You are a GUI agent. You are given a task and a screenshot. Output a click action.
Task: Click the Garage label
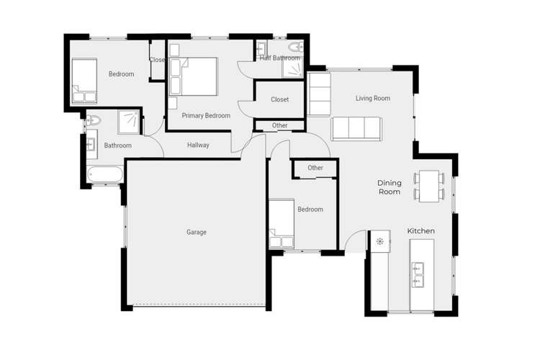[x=197, y=232]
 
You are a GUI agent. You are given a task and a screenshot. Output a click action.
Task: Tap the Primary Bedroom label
[x=206, y=115]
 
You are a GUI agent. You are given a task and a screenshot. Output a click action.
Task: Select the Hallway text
[x=198, y=145]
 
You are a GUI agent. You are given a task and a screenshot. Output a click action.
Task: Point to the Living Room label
[x=373, y=98]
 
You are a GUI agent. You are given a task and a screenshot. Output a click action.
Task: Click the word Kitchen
[x=421, y=230]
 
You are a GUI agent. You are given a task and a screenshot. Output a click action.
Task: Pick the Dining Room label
[x=390, y=188]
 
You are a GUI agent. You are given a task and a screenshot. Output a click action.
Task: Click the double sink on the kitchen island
[x=418, y=271]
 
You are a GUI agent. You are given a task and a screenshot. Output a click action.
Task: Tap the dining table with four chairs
[x=429, y=185]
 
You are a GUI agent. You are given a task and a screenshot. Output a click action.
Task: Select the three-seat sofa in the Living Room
[x=355, y=128]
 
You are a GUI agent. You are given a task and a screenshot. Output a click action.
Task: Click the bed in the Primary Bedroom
[x=194, y=76]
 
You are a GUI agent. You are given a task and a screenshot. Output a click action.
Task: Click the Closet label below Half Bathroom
[x=279, y=99]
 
